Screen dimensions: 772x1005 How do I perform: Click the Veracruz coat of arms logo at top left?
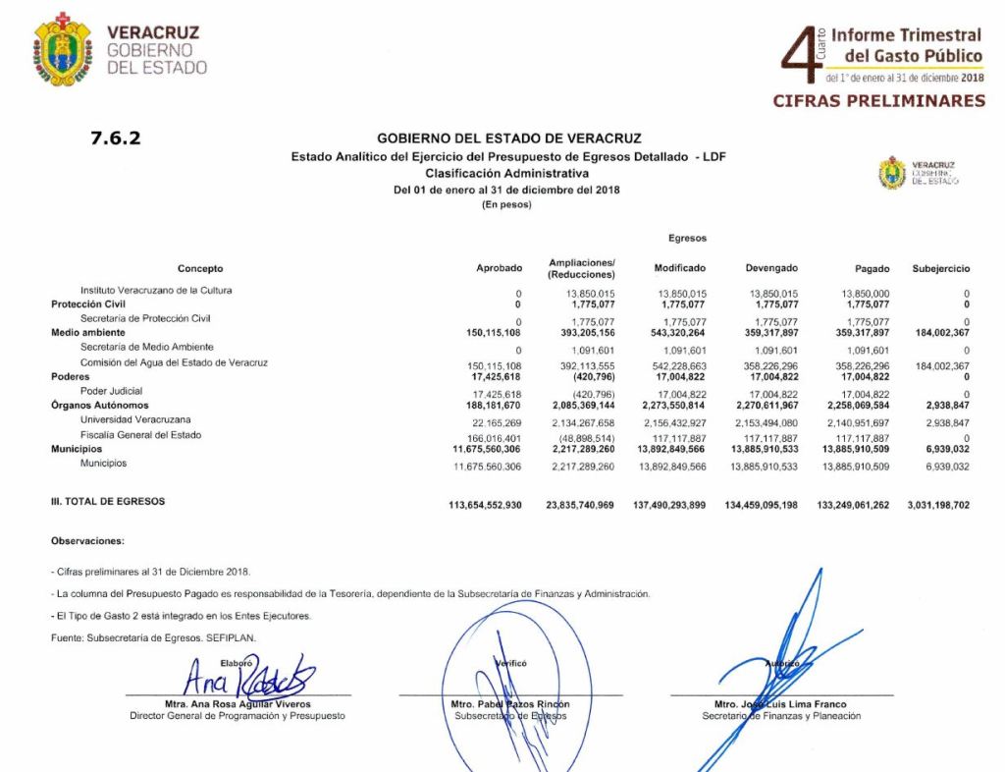tap(63, 48)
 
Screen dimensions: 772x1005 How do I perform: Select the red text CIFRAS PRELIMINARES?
tap(878, 100)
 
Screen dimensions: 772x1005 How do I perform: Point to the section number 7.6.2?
tap(116, 138)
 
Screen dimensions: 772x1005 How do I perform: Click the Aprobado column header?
tap(499, 268)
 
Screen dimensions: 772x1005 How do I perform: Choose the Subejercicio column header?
tap(940, 268)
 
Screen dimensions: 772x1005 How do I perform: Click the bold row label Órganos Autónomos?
tap(99, 406)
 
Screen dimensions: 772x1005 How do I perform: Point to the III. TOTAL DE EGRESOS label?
tap(108, 501)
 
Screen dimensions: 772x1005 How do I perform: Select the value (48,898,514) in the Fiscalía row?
tap(587, 437)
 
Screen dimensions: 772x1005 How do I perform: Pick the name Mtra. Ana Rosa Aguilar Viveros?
tap(237, 704)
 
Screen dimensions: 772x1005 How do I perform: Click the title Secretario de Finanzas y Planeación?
tap(781, 716)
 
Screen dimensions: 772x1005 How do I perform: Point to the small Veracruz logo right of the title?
tap(892, 173)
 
